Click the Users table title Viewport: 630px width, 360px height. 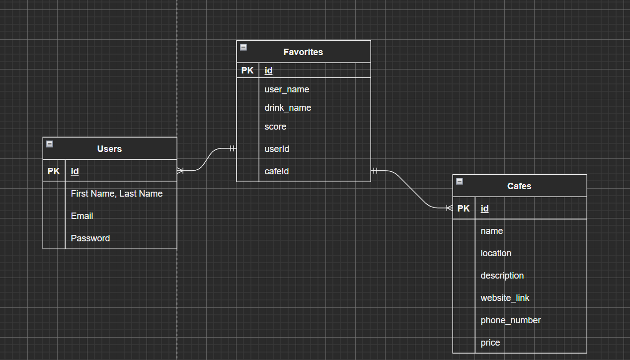click(x=109, y=148)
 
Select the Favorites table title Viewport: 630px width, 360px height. click(x=303, y=52)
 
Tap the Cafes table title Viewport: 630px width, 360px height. click(x=519, y=186)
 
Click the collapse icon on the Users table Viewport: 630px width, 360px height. click(x=50, y=144)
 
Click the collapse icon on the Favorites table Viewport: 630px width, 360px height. click(x=243, y=47)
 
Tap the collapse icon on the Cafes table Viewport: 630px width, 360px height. click(x=460, y=181)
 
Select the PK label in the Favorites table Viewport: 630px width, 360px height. click(x=247, y=70)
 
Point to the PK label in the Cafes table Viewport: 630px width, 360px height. click(x=463, y=209)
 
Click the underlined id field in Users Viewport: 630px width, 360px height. click(x=75, y=171)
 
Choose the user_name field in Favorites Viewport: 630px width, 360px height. click(x=287, y=89)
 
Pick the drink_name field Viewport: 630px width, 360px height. click(x=288, y=108)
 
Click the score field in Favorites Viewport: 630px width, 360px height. click(x=275, y=127)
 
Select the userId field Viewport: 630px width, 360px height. click(x=277, y=149)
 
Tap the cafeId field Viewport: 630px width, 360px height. click(x=276, y=171)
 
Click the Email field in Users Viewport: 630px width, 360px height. click(x=82, y=216)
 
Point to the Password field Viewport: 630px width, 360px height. click(x=90, y=238)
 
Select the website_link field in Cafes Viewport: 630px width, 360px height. click(x=505, y=298)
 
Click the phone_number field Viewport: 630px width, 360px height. click(x=510, y=320)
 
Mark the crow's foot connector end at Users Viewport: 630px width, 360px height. click(x=180, y=171)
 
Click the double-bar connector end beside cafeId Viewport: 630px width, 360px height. click(x=375, y=171)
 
